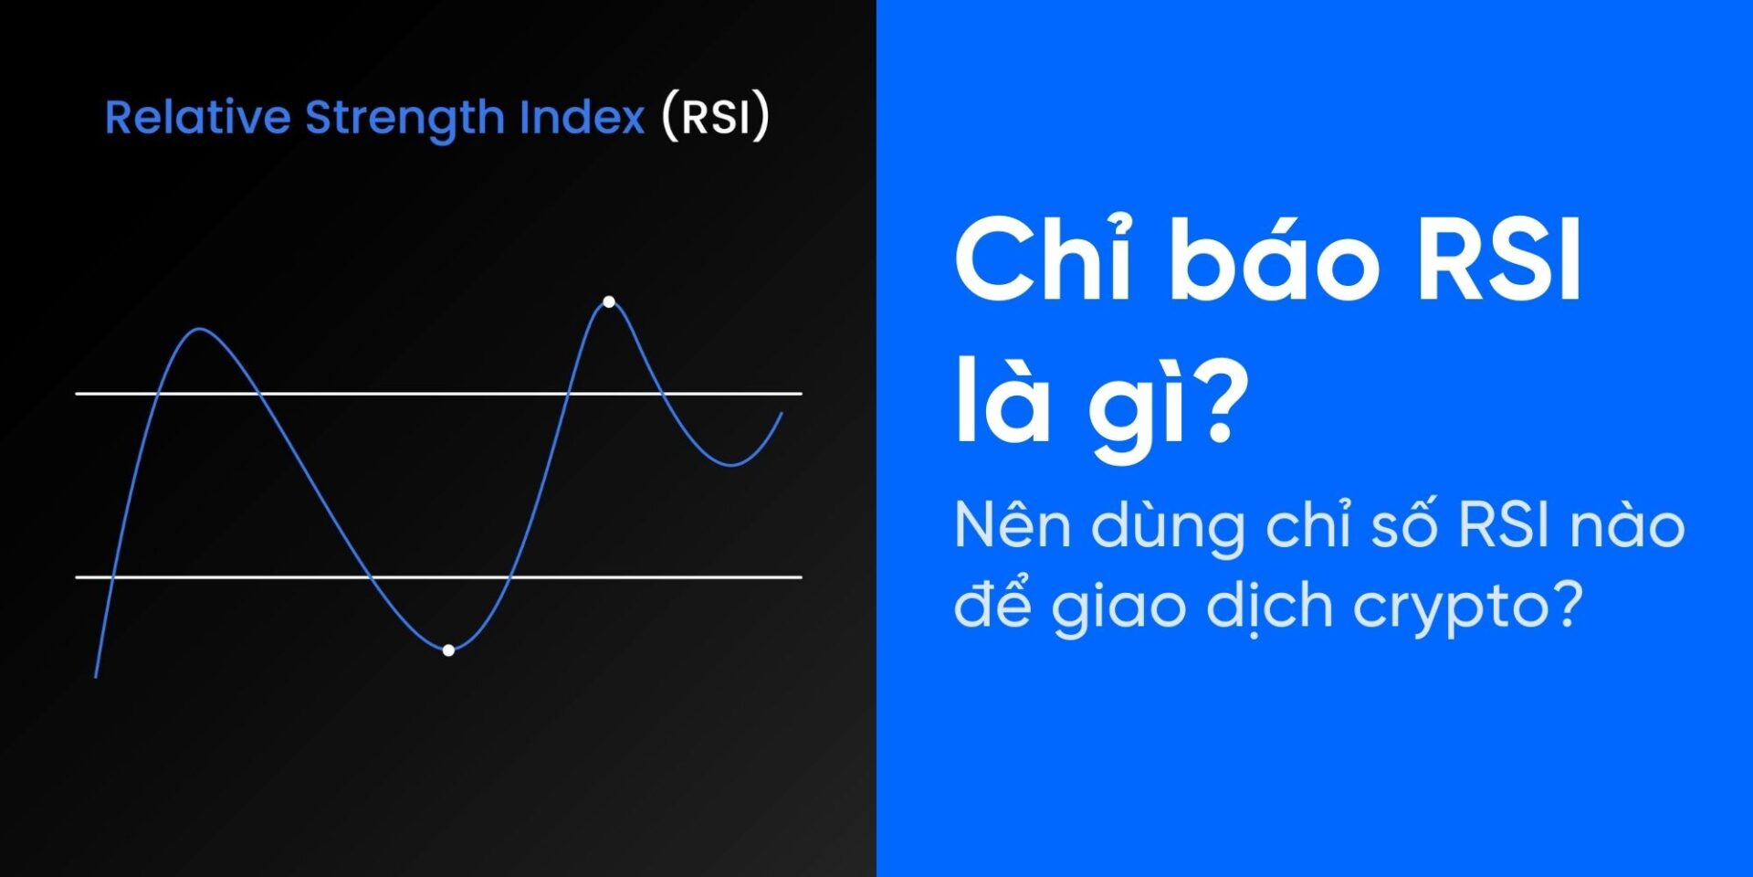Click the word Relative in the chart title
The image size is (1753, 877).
click(197, 118)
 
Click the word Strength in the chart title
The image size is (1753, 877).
click(404, 119)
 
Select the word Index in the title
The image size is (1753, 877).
click(582, 118)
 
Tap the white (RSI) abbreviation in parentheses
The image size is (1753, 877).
click(716, 117)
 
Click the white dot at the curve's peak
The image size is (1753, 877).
click(609, 301)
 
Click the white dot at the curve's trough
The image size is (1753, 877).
click(448, 650)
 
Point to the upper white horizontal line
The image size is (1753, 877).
click(438, 394)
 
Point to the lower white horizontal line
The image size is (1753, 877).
click(438, 577)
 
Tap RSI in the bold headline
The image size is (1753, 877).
click(1498, 261)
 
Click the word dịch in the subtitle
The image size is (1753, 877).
click(1270, 607)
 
